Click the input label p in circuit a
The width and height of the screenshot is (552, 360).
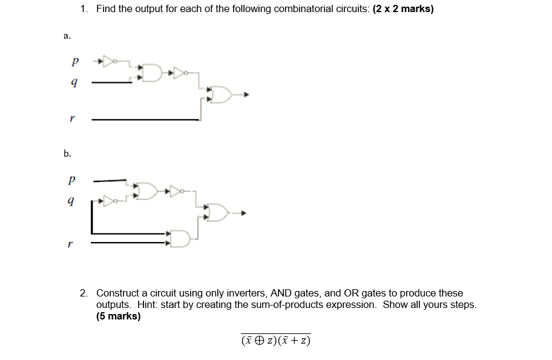(74, 62)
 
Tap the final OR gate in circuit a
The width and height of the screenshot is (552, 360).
(222, 95)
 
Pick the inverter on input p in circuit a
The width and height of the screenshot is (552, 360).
(109, 61)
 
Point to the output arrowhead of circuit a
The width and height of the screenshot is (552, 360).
(246, 95)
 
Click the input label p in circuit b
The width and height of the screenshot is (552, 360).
(72, 180)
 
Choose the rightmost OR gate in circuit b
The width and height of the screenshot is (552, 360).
(218, 212)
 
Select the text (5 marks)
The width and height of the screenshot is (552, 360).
(118, 316)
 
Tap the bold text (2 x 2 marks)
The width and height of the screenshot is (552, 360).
(399, 10)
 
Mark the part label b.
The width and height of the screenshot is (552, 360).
(67, 154)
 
